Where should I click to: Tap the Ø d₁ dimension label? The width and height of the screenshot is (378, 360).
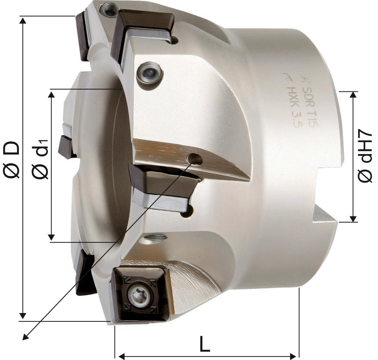coord(40,159)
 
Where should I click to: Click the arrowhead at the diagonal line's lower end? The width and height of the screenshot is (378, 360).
coord(25,337)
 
